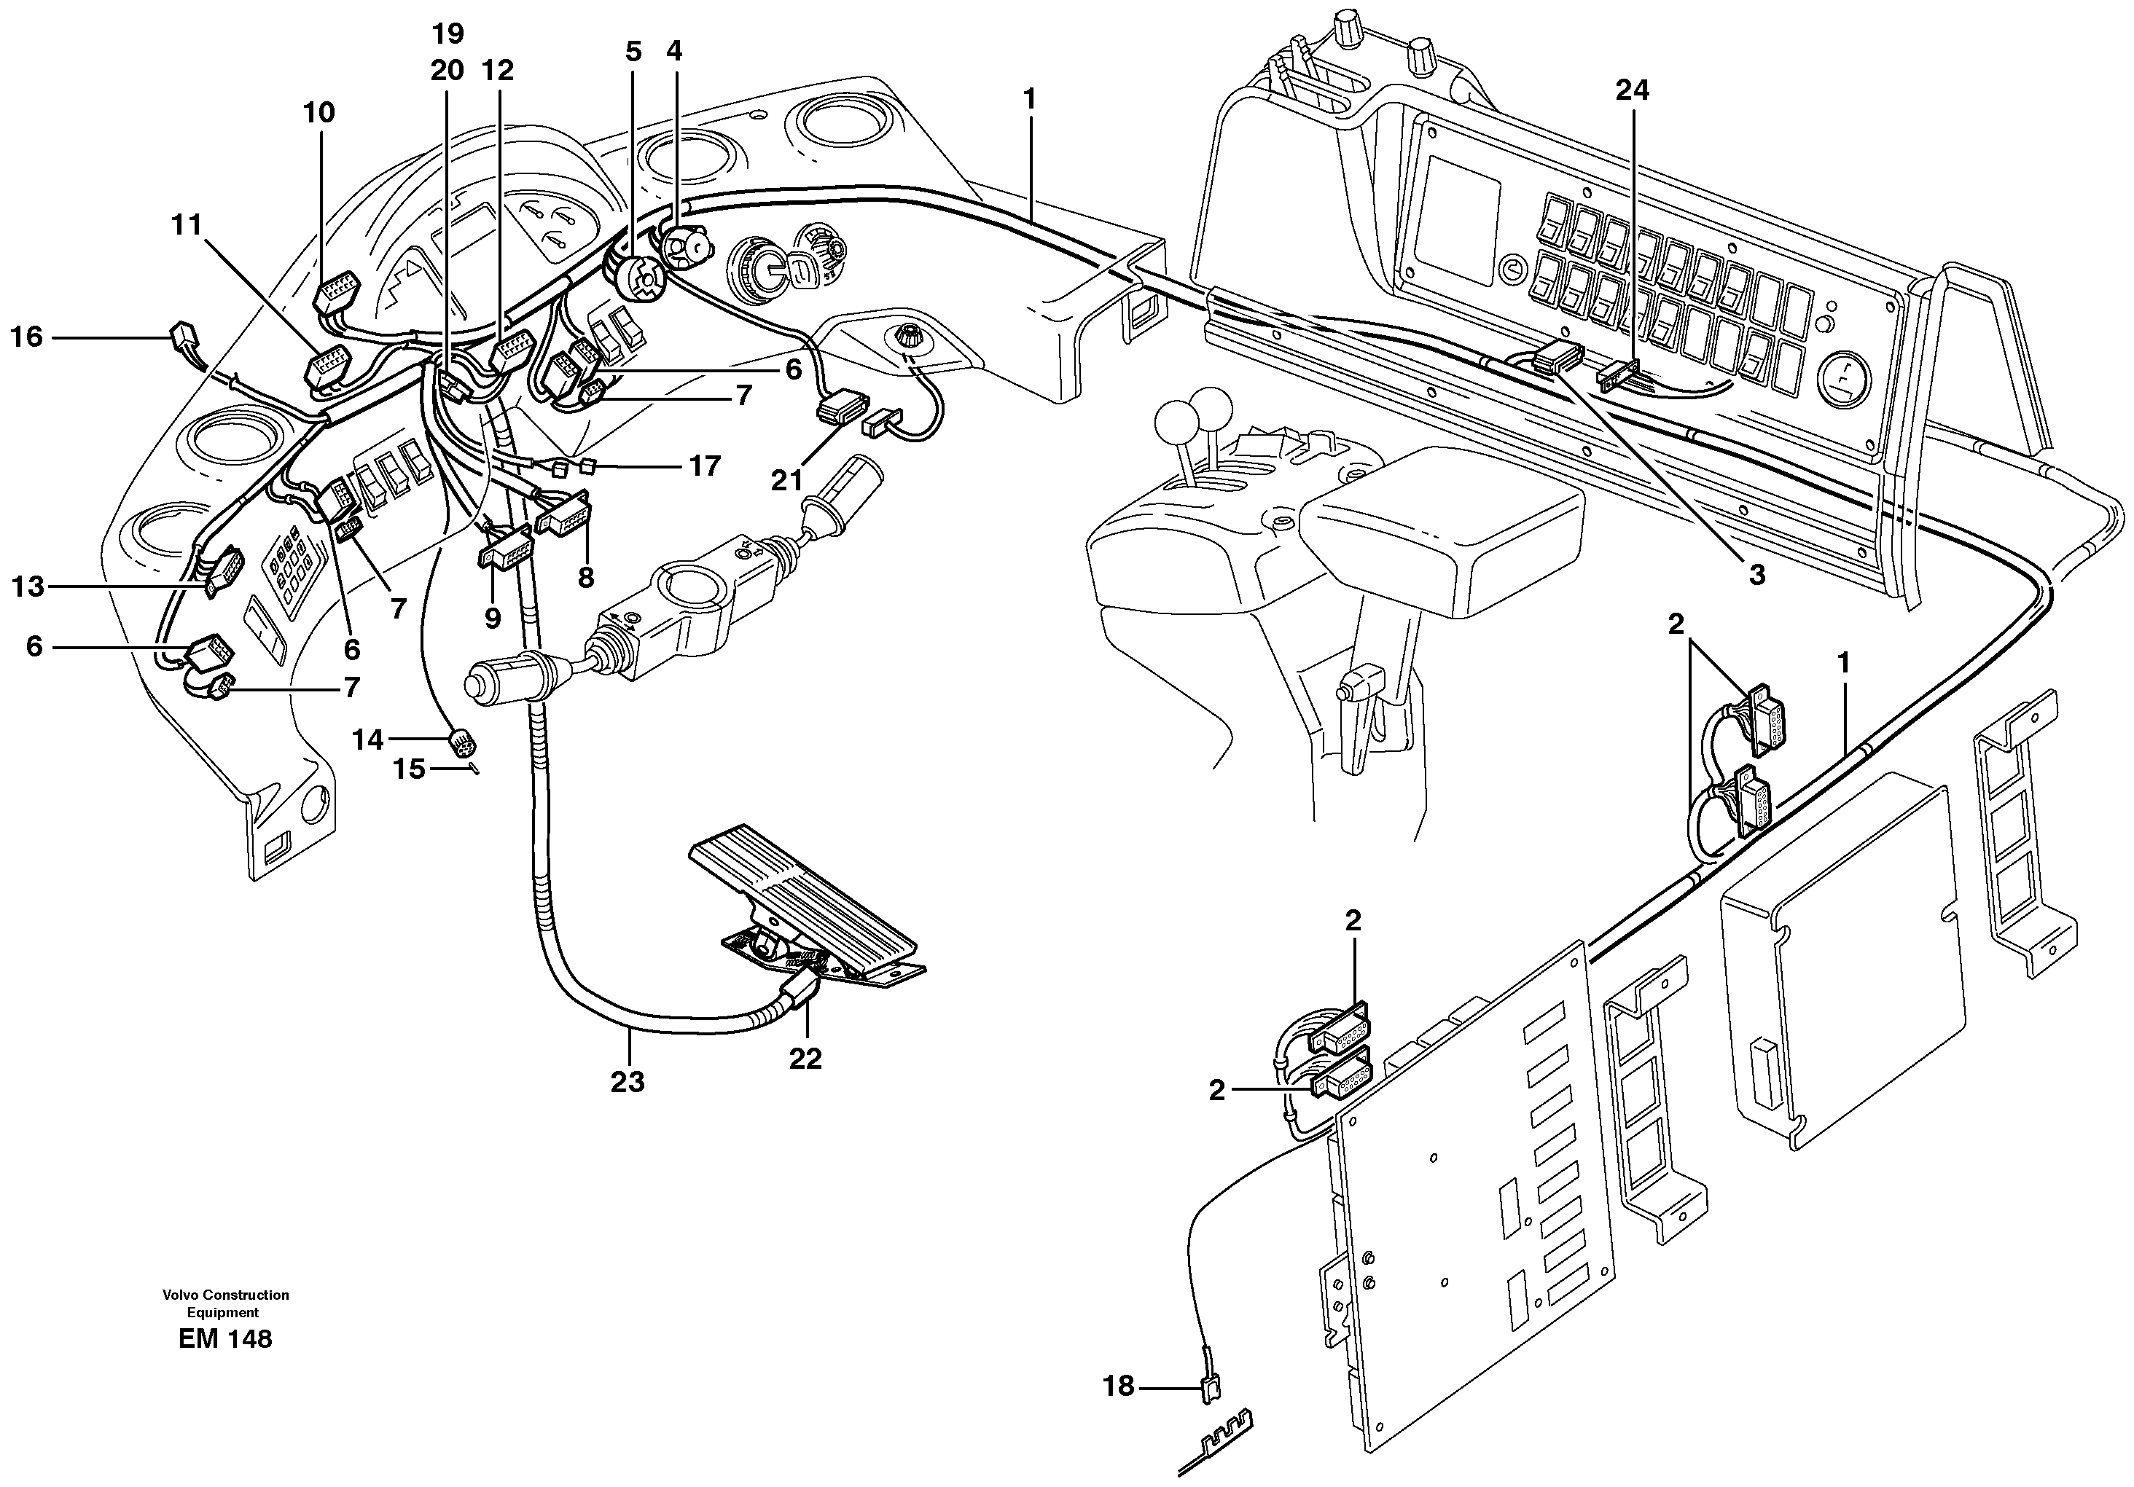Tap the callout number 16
pos(26,337)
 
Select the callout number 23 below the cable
pos(628,1081)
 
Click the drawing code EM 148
pos(225,1339)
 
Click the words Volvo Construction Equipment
pos(225,1303)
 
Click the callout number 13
pos(28,586)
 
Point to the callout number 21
pos(786,480)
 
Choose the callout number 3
pos(1756,576)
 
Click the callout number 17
pos(705,466)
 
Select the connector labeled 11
pos(327,365)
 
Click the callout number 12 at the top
pos(499,71)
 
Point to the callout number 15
pos(409,769)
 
